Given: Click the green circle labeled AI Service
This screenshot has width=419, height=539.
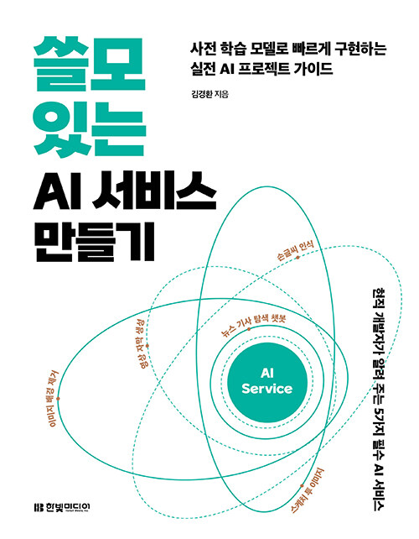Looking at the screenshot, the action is coord(266,382).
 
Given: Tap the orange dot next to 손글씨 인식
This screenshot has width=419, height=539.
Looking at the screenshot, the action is coord(297,257).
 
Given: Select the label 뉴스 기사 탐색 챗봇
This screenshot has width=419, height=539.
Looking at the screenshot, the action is coord(253,325).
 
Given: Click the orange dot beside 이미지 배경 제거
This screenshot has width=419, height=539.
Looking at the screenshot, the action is coord(58,399).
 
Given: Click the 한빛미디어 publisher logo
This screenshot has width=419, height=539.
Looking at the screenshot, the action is coord(62,507).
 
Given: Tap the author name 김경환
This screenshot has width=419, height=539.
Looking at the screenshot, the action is coord(201,94).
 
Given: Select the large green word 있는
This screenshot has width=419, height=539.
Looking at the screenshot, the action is coord(89,129).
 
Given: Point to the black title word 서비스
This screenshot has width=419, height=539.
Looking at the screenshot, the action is coord(153,193).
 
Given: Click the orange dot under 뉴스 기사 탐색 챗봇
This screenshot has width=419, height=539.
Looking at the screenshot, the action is coord(249,329).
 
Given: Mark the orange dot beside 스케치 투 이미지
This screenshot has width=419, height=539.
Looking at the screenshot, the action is coord(302,486).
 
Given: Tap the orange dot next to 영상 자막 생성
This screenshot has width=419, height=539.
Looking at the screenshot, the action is coord(147,345).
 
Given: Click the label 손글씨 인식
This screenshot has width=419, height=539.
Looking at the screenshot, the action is coord(295,250).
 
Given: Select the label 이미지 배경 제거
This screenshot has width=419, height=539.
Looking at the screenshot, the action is coord(53,399).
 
